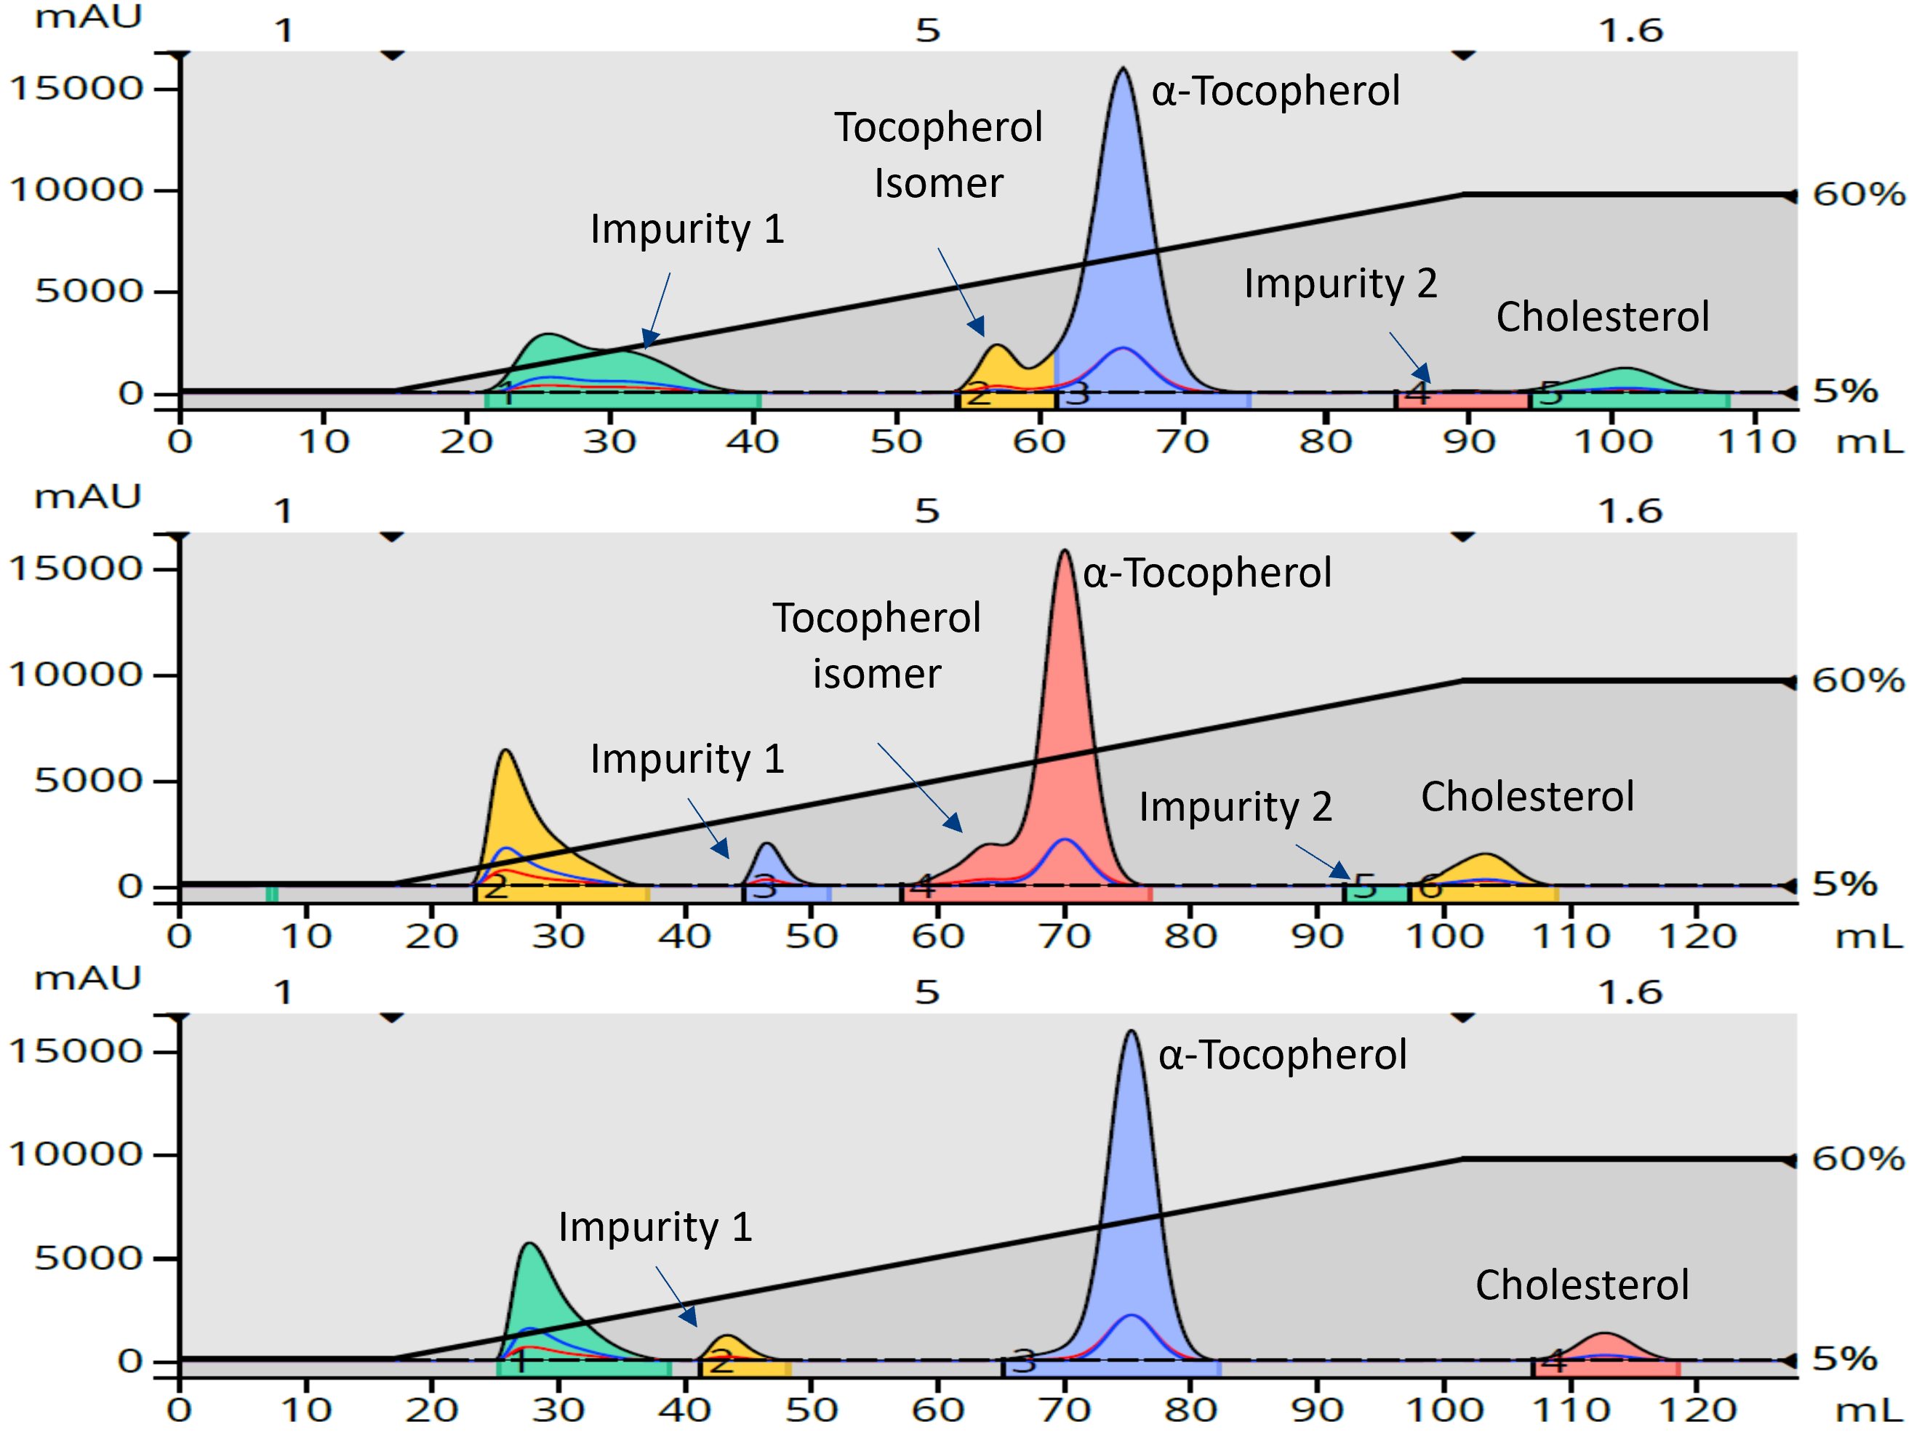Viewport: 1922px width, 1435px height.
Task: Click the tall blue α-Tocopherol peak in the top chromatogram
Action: click(1123, 217)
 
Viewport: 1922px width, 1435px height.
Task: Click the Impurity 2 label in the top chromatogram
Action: click(1340, 284)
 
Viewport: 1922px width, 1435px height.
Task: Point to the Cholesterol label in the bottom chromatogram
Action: click(1582, 1285)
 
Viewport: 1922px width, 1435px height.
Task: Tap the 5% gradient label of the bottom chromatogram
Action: click(1843, 1359)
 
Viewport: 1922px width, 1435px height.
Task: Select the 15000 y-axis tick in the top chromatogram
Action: click(76, 89)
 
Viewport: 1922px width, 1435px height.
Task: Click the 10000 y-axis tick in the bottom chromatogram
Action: click(76, 1154)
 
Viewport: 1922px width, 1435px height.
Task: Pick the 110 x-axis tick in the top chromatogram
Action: click(1756, 442)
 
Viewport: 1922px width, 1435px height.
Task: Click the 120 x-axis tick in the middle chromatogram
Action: click(1697, 936)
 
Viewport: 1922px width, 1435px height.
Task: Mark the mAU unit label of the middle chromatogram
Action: click(87, 497)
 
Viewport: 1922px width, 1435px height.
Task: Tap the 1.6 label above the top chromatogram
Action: click(1630, 31)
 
